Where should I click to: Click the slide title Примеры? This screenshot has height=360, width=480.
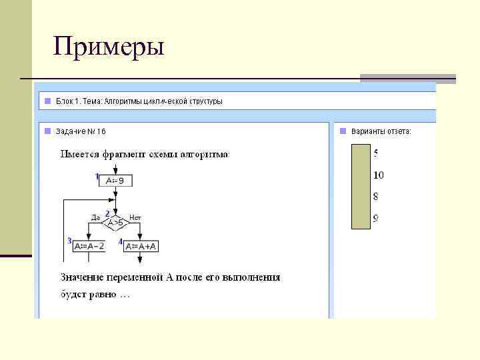point(109,47)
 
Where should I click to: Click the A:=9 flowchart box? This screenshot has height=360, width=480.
point(115,180)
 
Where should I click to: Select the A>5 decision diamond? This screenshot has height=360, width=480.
point(115,222)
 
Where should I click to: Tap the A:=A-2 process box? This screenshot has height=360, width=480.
point(89,246)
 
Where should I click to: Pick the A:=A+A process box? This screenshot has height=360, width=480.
point(140,246)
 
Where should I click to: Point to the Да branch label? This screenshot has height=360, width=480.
point(95,217)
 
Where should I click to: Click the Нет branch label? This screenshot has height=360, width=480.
point(135,217)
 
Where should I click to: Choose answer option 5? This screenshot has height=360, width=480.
point(376,153)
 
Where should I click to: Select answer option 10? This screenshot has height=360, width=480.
point(378,175)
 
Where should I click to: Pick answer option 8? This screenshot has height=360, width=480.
point(376,197)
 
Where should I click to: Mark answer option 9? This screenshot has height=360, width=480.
point(376,218)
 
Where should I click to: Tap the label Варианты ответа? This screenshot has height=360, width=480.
point(381,131)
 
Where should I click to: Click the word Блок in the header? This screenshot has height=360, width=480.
point(64,101)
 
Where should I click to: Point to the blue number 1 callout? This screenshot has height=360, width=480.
point(97,177)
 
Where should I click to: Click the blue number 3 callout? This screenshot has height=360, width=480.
point(69,241)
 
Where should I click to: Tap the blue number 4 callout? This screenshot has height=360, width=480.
point(121,241)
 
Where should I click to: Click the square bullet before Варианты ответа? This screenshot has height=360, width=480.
point(343,131)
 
